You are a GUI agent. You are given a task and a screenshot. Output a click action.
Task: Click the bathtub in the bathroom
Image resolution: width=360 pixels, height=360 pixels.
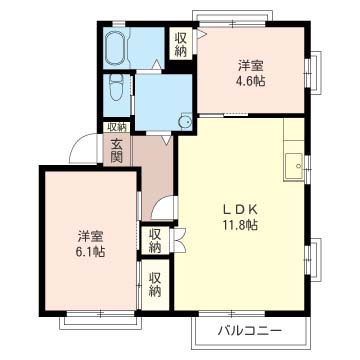[x=116, y=47]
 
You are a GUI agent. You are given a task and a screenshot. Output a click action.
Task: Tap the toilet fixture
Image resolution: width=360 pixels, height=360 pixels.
[x=116, y=87]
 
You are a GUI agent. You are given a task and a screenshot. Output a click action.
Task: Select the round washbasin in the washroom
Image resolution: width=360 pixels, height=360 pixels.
[x=185, y=122]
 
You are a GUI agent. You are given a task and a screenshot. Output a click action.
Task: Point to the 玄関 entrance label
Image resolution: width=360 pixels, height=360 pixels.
[x=116, y=151]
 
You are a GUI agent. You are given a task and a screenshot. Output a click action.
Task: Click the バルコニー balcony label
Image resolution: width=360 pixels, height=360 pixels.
[x=250, y=331]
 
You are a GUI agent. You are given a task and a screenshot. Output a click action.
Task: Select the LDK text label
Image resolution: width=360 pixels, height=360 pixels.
[x=240, y=211]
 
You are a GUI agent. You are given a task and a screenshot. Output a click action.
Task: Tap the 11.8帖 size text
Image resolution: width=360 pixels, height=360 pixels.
[x=240, y=225]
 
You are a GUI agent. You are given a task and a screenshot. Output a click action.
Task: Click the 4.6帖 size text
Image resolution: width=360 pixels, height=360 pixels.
[x=251, y=81]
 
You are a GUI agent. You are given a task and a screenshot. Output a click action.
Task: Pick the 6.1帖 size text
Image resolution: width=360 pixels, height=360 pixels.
[x=90, y=252]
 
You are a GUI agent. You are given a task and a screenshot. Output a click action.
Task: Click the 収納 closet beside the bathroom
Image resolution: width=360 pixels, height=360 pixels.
[x=181, y=44]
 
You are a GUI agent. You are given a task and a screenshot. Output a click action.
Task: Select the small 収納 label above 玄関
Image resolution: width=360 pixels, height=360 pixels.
[x=117, y=127]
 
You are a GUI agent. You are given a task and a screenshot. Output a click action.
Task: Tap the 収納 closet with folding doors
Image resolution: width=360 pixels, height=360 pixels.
[x=156, y=241]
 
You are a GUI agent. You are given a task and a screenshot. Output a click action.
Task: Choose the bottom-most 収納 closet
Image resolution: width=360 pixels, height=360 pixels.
[x=155, y=285]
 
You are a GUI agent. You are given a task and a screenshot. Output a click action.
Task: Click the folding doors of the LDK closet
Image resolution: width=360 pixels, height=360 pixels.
[x=178, y=241]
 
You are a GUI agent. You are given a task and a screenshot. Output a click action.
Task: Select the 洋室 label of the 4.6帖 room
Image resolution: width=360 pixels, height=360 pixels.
[x=251, y=66]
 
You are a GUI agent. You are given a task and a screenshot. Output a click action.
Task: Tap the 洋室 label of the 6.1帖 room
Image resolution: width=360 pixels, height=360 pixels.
[x=90, y=237]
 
